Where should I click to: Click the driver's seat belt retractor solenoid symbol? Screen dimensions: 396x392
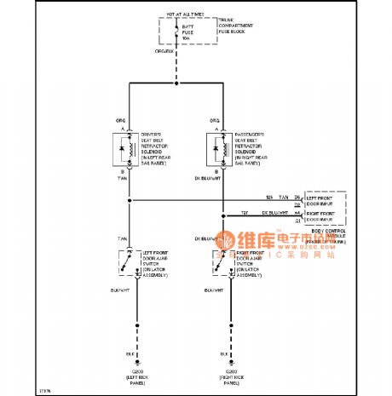pos(128,148)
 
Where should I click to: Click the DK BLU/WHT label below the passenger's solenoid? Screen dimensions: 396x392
pos(210,178)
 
